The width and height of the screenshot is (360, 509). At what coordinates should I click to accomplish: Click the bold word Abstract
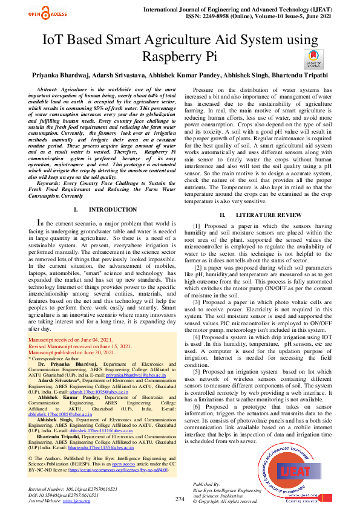click(x=48, y=89)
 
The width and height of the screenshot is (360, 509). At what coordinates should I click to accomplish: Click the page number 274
click(x=180, y=499)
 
